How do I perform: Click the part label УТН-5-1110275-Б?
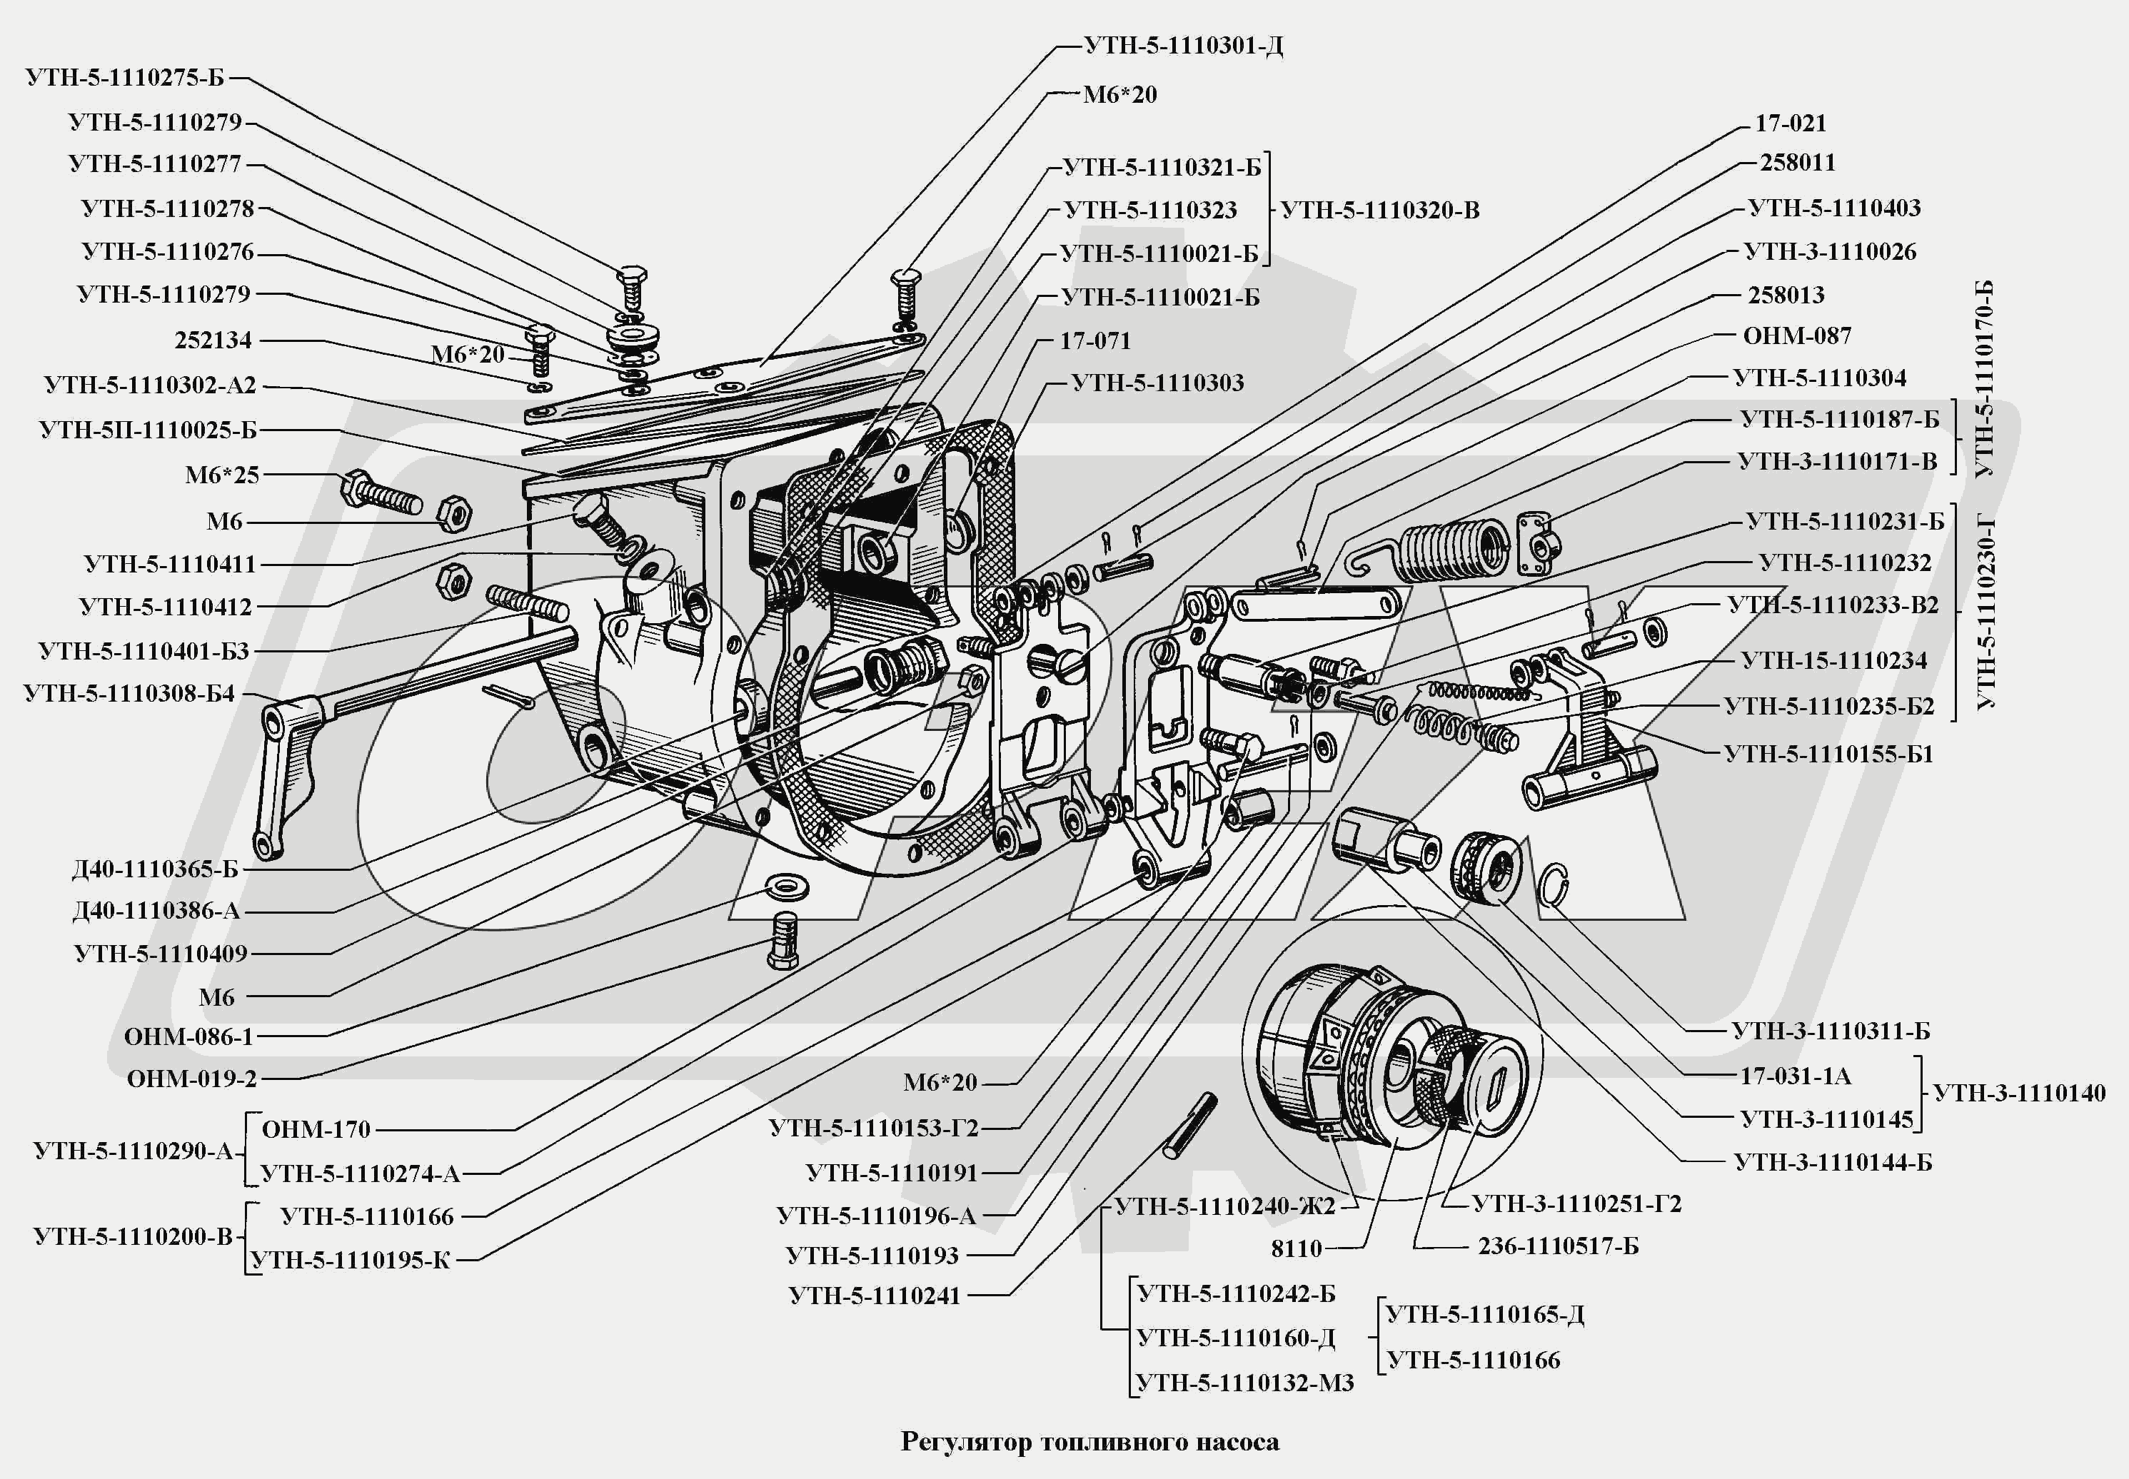[125, 77]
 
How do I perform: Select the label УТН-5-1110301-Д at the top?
[1184, 46]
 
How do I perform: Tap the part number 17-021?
[1791, 123]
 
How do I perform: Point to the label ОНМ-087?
[1797, 335]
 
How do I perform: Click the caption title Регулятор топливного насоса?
[1090, 1441]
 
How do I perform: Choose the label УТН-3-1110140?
[2020, 1093]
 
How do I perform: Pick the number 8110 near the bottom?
[1297, 1248]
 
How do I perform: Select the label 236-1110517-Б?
[1558, 1246]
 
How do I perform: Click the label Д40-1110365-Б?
[155, 869]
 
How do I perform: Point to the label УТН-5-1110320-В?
[1380, 211]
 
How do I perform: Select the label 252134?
[213, 340]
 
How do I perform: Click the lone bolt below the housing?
[784, 939]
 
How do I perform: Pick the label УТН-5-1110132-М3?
[1245, 1383]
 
